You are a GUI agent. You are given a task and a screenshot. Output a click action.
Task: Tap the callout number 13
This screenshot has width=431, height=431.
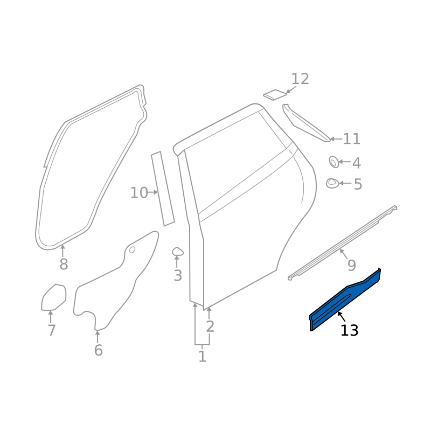(x=349, y=330)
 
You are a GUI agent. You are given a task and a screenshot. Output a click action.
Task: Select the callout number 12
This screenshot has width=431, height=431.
(x=300, y=79)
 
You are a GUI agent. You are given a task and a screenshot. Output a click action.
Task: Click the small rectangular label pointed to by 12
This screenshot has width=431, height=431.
(x=274, y=95)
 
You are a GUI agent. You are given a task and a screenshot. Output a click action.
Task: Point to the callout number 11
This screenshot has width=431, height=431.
(x=352, y=139)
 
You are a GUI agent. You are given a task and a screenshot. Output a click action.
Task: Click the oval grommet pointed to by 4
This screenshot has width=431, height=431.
(x=333, y=162)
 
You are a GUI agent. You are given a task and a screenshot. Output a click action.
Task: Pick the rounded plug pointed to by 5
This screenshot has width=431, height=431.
(x=332, y=183)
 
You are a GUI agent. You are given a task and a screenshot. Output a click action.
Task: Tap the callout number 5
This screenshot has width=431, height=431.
(x=358, y=184)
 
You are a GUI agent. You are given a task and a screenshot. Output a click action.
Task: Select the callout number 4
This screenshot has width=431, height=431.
(x=357, y=163)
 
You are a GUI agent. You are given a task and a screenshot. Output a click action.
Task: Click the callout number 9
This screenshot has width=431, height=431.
(x=352, y=265)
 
